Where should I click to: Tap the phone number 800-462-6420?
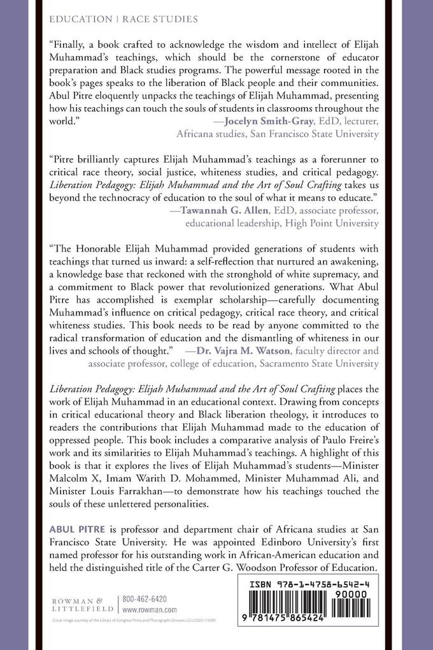tap(146, 599)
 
